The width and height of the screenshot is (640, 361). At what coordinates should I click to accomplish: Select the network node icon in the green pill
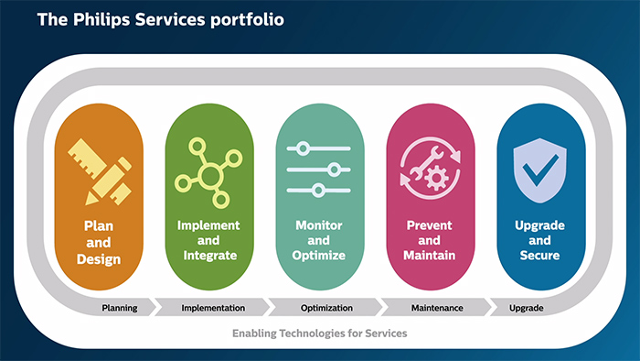(x=209, y=171)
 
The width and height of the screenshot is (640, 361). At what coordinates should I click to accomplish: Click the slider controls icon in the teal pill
(x=319, y=170)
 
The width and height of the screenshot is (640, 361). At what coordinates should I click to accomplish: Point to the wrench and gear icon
(x=430, y=171)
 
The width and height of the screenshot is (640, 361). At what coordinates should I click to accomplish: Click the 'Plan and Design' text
(x=99, y=243)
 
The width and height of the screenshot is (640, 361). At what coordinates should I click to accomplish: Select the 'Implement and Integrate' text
(x=209, y=240)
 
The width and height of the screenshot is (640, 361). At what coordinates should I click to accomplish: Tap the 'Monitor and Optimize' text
(x=320, y=240)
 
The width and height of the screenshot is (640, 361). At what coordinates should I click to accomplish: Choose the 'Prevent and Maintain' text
(x=430, y=240)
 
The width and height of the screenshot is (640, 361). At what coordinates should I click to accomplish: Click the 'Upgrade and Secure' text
(x=540, y=240)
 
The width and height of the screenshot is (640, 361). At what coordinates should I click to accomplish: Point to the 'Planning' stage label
(x=119, y=308)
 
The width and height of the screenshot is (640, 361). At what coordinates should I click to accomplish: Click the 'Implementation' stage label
(x=213, y=308)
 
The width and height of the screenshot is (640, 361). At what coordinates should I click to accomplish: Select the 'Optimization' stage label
(x=326, y=308)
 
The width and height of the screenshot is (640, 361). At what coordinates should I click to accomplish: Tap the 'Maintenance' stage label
(x=437, y=308)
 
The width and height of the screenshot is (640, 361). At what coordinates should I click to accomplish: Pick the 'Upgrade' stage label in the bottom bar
(x=526, y=308)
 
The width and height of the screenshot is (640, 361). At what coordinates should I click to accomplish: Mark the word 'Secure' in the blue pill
(x=540, y=256)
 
